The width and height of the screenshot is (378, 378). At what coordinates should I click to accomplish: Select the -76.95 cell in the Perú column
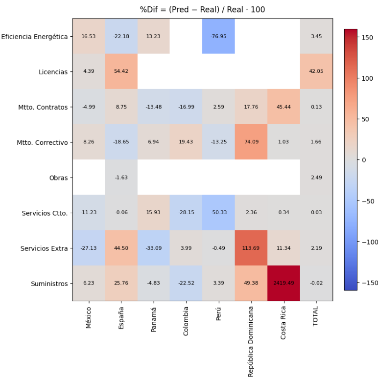coord(218,36)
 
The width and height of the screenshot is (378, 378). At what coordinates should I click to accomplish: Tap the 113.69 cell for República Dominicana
coord(251,248)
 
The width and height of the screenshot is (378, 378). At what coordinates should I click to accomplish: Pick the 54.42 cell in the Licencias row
coord(121,71)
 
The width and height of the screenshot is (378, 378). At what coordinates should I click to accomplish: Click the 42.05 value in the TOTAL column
coord(316,71)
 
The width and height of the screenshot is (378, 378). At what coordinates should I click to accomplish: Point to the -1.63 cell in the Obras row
coord(121,178)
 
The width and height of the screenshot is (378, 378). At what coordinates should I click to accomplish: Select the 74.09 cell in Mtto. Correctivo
coord(251,142)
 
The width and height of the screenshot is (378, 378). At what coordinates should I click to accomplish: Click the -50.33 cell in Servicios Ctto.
coord(218,213)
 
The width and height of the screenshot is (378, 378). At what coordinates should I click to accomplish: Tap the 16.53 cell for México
coord(89,36)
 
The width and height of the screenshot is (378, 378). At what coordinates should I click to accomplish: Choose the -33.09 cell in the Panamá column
coord(154,248)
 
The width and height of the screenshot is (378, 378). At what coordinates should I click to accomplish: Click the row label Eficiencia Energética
coord(34,36)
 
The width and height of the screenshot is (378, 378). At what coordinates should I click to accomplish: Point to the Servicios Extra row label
coord(44,248)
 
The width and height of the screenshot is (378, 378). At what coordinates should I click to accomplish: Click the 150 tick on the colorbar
coord(367,37)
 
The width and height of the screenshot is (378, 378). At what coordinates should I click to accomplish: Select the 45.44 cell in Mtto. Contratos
coord(283,107)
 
